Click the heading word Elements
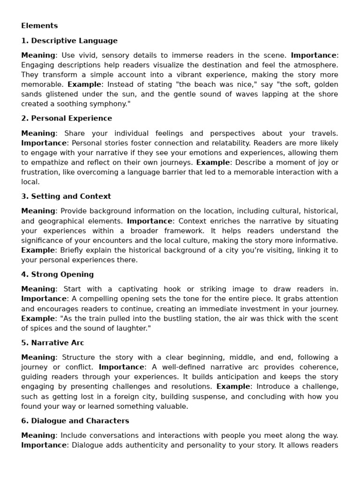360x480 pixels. pos(39,26)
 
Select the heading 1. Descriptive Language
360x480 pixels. pos(69,41)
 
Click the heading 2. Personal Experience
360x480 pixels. pos(67,118)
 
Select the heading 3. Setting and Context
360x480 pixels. pos(66,196)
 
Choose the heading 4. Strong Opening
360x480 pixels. pos(57,274)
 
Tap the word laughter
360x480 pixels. pos(131,328)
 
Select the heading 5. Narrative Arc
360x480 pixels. pos(52,343)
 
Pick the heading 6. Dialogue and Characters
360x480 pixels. pos(75,421)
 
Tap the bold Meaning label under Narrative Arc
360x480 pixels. pos(38,357)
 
